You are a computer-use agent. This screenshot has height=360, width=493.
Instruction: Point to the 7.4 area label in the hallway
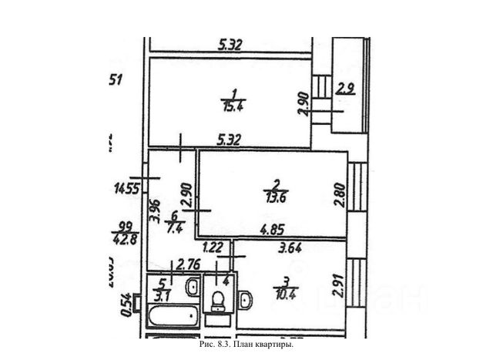point(175,229)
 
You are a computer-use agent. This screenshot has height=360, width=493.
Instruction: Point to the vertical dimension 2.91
point(339,286)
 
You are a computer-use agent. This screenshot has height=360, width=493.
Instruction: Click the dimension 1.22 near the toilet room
point(212,248)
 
